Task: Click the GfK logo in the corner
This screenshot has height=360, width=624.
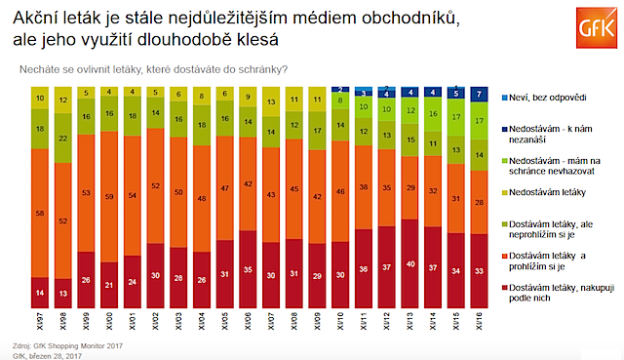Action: [x=588, y=24]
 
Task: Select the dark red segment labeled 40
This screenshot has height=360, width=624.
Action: [x=408, y=262]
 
